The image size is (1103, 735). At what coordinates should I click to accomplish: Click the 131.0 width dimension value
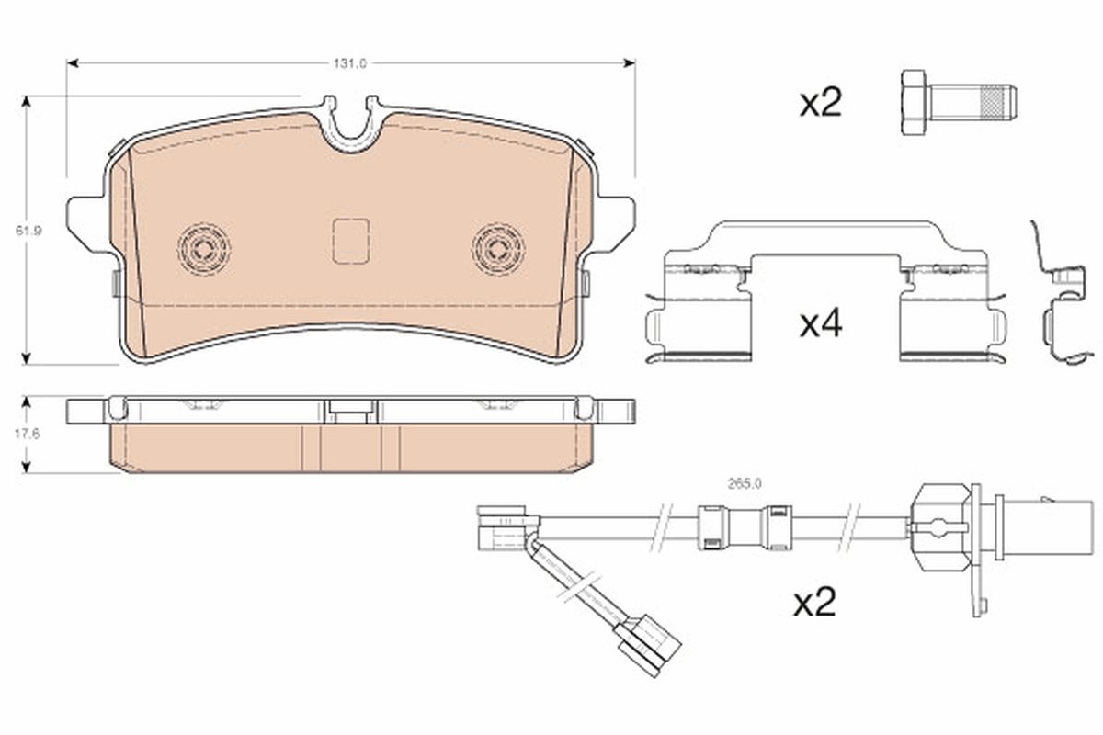[350, 63]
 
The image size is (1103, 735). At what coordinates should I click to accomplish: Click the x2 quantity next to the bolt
[820, 103]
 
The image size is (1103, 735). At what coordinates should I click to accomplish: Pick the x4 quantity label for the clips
[820, 323]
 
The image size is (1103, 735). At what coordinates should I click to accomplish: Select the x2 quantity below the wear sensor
[814, 603]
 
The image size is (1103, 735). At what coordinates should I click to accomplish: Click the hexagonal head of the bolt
[914, 103]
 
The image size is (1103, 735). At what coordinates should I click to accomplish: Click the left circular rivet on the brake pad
[204, 247]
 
